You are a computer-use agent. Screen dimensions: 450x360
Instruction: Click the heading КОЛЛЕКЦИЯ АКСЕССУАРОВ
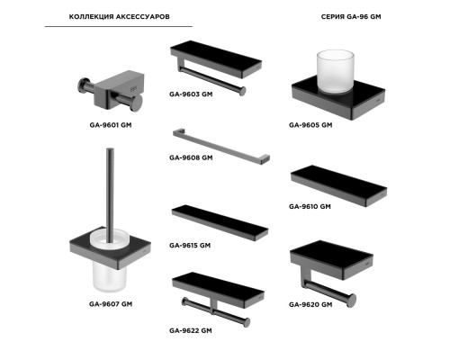[x=119, y=16]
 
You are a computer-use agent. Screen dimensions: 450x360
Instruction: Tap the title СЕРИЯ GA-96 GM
[x=351, y=16]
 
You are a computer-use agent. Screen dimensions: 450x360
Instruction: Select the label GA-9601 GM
[x=111, y=125]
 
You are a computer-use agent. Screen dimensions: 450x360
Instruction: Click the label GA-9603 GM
[x=191, y=94]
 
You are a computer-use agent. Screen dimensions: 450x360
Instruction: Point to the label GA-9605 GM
[x=310, y=125]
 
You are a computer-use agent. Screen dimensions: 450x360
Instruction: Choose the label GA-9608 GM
[x=191, y=157]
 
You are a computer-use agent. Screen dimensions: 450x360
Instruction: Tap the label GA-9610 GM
[x=310, y=206]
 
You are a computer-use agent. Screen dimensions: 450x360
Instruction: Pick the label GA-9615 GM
[x=190, y=245]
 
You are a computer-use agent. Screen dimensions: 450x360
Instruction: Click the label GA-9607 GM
[x=111, y=304]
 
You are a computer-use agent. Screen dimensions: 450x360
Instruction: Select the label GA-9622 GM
[x=191, y=330]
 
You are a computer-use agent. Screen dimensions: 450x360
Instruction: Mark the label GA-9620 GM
[x=310, y=304]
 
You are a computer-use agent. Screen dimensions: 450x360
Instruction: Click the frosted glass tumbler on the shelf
[x=336, y=71]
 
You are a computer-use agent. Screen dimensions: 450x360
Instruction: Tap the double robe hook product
[x=111, y=91]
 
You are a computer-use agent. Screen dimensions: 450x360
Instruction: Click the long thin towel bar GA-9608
[x=221, y=147]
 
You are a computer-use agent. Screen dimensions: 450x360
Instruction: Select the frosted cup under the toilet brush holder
[x=110, y=277]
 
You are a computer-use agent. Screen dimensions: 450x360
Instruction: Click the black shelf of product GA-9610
[x=338, y=185]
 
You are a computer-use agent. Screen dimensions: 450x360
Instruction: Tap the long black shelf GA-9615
[x=220, y=222]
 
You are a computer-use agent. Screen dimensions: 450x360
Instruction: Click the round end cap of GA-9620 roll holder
[x=352, y=301]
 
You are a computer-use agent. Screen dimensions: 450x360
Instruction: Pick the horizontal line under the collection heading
[x=119, y=26]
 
